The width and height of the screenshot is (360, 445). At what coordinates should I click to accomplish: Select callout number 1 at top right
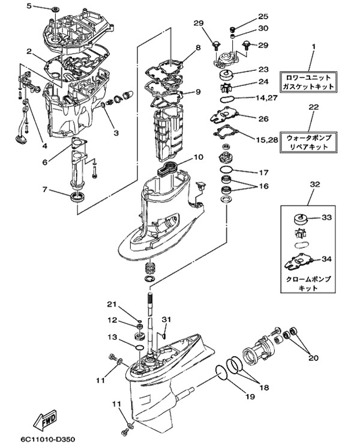pos(312,46)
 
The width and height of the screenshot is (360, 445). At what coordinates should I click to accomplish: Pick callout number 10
pos(199,158)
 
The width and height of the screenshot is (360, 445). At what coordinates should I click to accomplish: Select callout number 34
pos(326,259)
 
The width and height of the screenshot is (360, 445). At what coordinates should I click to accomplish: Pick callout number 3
pos(115,132)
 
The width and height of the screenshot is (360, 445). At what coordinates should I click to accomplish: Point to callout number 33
pos(326,217)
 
